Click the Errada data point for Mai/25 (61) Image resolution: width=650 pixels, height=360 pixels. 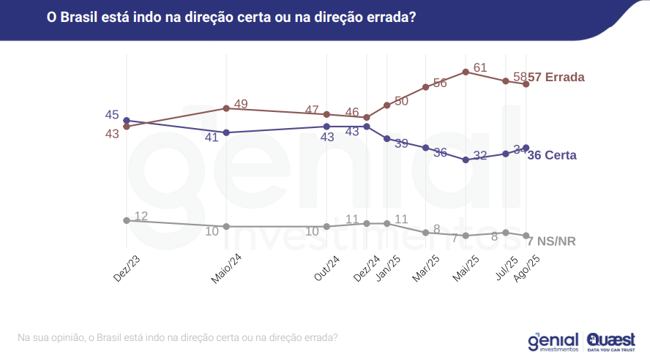coord(466,72)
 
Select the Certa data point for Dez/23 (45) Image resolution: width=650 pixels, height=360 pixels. coord(127,120)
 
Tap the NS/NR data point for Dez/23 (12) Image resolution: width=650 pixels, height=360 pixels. coord(127,220)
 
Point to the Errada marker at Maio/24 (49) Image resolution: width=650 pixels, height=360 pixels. coord(226,108)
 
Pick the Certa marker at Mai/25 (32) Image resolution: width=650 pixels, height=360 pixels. coord(466,160)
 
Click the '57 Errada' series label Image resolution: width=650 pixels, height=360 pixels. coord(556,77)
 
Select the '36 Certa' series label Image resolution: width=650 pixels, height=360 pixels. coord(551,155)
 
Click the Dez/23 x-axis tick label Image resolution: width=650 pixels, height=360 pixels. coord(126,268)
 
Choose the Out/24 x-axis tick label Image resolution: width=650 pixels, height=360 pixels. coord(326,268)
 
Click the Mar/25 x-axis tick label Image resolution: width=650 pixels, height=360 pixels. coord(426,268)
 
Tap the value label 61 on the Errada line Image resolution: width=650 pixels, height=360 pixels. coord(480,67)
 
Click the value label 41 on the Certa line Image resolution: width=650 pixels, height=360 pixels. coord(212,137)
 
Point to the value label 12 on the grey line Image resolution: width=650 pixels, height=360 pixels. coord(141,216)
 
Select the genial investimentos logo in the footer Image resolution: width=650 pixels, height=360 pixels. coord(553,342)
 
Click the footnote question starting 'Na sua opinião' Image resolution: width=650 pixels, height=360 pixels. coord(177,337)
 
